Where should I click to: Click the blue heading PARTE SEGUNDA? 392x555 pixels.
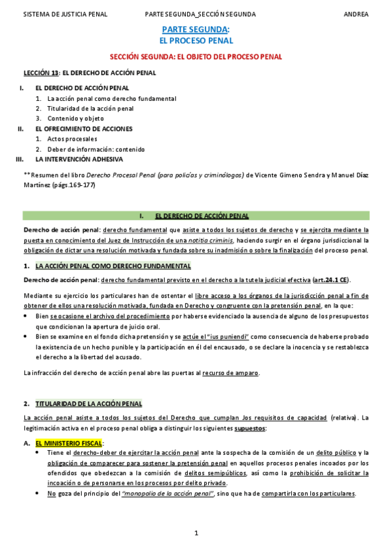195,29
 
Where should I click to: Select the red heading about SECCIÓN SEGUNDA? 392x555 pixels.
196,57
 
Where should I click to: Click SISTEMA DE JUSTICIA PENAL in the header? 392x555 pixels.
65,14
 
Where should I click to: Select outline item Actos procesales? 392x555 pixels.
72,139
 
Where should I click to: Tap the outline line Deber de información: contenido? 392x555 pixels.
96,149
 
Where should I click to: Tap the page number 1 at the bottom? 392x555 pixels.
196,533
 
